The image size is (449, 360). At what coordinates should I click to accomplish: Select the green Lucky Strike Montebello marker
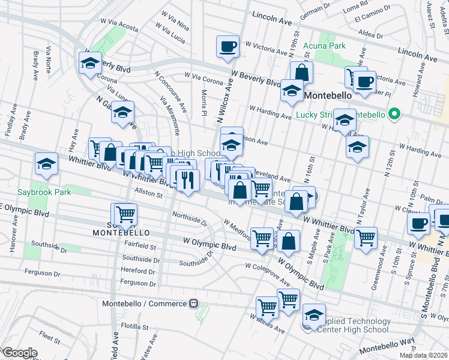[x=394, y=113]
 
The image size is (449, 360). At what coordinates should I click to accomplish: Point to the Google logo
[x=19, y=353]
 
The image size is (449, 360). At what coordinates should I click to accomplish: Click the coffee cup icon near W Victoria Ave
[x=228, y=46]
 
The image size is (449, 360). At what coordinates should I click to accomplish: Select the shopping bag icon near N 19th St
[x=302, y=72]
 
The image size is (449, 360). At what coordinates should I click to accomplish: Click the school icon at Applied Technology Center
[x=314, y=314]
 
